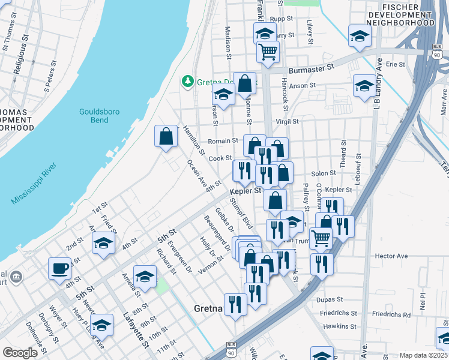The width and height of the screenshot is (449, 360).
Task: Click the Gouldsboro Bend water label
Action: [x=94, y=116]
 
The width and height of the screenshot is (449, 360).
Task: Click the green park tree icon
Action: [x=188, y=81]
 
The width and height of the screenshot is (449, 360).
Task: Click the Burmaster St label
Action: [x=310, y=70]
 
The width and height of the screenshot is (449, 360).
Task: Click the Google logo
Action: [x=20, y=353]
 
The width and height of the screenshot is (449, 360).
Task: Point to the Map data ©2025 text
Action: [x=424, y=355]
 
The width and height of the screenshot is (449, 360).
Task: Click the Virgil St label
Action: [x=287, y=121]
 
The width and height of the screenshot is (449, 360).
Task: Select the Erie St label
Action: [x=396, y=64]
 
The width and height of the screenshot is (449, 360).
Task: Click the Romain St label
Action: [x=220, y=141]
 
